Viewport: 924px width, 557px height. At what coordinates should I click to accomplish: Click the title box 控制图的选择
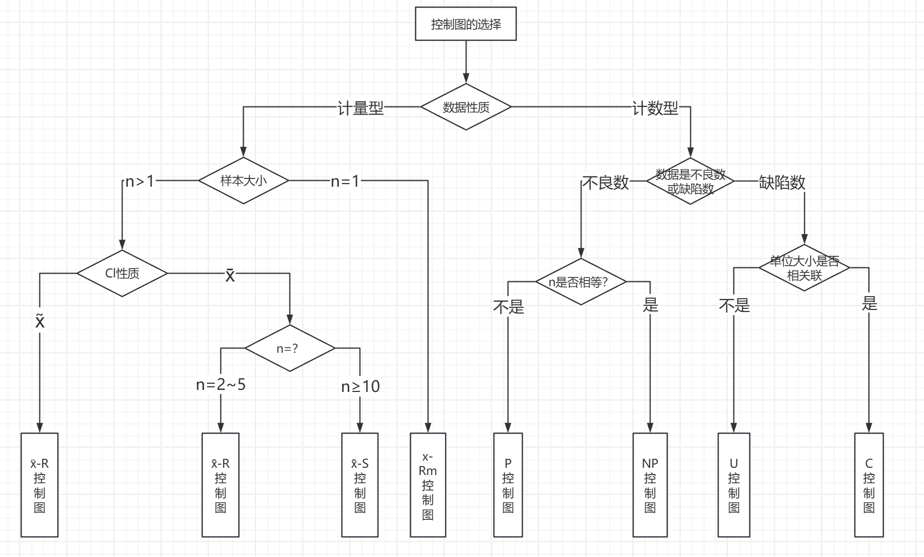[x=466, y=24]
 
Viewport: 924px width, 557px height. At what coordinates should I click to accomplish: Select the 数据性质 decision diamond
[x=466, y=107]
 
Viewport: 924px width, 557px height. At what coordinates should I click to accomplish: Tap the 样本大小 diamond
[x=243, y=181]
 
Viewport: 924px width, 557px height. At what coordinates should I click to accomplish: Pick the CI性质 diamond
[x=122, y=273]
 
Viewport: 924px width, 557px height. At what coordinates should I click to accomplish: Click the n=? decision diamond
[x=290, y=348]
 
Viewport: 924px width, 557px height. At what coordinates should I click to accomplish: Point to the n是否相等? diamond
[x=581, y=282]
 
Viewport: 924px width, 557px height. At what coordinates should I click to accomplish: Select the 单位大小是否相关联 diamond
[x=804, y=268]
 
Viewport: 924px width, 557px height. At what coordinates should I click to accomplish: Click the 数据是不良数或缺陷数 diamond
[x=690, y=182]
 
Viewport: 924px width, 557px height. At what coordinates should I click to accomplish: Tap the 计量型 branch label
[x=360, y=108]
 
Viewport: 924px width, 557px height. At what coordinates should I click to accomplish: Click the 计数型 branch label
[x=655, y=108]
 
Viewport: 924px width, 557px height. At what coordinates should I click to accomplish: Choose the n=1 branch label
[x=345, y=181]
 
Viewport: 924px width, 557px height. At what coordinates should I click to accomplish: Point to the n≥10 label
[x=360, y=386]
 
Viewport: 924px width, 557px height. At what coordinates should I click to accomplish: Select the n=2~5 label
[x=221, y=385]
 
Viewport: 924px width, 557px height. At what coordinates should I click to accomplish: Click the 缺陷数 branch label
[x=782, y=182]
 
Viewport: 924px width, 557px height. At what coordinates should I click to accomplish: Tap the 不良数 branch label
[x=605, y=183]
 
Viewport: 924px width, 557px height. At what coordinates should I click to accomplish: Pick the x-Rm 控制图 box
[x=428, y=485]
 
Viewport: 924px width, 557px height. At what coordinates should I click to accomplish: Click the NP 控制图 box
[x=650, y=485]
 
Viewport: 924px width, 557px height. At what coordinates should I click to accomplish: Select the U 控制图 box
[x=734, y=485]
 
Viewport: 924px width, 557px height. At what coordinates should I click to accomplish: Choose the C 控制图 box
[x=869, y=485]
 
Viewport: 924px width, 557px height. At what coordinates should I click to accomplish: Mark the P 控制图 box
[x=508, y=485]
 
